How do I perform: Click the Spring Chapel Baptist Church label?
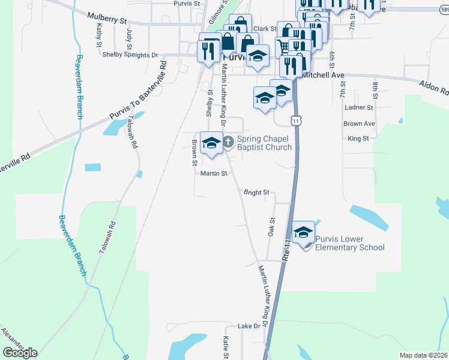pyautogui.click(x=264, y=143)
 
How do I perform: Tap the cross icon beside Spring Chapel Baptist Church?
pyautogui.click(x=228, y=142)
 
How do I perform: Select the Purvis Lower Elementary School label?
pyautogui.click(x=350, y=243)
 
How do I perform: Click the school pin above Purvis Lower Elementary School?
pyautogui.click(x=304, y=232)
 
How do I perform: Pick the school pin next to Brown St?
pyautogui.click(x=211, y=143)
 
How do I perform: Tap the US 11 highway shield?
pyautogui.click(x=296, y=121)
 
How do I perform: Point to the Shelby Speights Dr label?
pyautogui.click(x=130, y=55)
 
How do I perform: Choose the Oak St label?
pyautogui.click(x=271, y=226)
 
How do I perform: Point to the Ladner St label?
pyautogui.click(x=359, y=108)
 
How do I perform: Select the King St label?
pyautogui.click(x=358, y=139)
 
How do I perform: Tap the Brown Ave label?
pyautogui.click(x=359, y=124)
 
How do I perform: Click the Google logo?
pyautogui.click(x=20, y=353)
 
